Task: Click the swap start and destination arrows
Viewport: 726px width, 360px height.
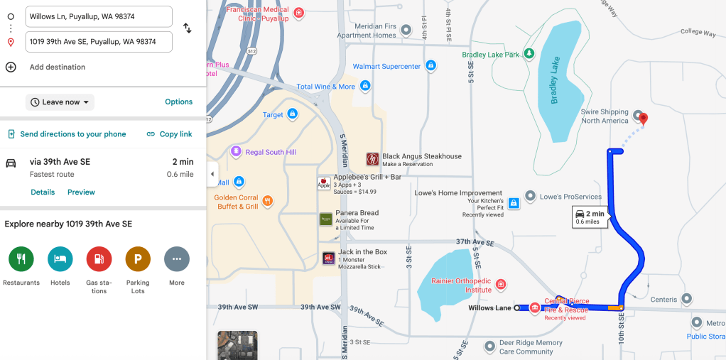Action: pos(188,28)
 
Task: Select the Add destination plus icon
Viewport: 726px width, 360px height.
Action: pos(11,67)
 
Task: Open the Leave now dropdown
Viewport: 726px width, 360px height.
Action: pos(60,102)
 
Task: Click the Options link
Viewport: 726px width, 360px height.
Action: pos(178,102)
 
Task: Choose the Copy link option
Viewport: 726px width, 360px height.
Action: pos(169,134)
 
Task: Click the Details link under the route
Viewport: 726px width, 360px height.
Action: pos(43,192)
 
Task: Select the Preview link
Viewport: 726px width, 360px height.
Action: pos(81,192)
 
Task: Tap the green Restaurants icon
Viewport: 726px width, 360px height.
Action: pos(21,259)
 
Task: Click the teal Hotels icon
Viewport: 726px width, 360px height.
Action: pos(60,259)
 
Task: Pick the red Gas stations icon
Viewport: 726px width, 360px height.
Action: pos(99,259)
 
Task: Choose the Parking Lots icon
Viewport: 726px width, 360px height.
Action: pos(138,259)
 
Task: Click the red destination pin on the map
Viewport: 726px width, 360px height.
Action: pos(644,119)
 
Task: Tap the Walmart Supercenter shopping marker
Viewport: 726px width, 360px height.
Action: pos(430,66)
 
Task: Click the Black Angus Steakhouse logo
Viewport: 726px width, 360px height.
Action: pos(372,159)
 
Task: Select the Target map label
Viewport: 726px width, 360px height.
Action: pos(273,114)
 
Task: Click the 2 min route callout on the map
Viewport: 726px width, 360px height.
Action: pos(588,217)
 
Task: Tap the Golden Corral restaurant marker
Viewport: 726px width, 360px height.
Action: pos(268,201)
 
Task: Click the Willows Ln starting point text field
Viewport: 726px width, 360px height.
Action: pos(99,16)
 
